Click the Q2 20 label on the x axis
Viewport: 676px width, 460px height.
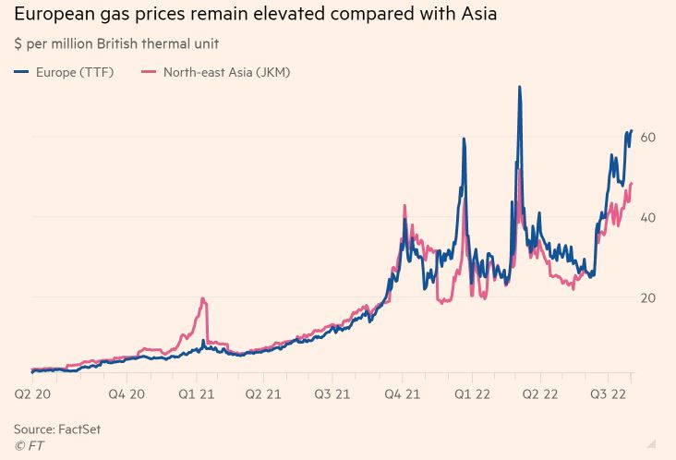click(x=31, y=393)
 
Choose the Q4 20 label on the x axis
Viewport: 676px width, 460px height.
click(x=127, y=393)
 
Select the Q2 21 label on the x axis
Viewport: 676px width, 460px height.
click(x=264, y=393)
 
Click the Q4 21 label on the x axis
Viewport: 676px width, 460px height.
click(x=403, y=393)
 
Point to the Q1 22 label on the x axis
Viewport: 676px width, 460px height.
click(x=471, y=393)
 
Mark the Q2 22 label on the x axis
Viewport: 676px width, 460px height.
click(x=539, y=393)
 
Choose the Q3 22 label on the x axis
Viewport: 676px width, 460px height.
click(x=610, y=393)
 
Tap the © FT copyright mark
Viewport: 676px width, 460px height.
click(x=29, y=446)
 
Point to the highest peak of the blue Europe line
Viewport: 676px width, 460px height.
click(x=520, y=87)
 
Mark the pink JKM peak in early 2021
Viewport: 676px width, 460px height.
click(x=203, y=298)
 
